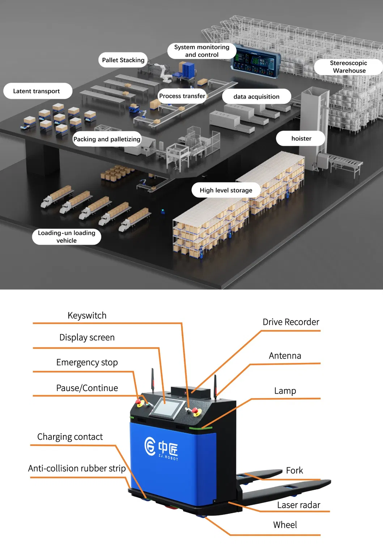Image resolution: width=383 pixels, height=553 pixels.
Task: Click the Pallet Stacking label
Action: [x=123, y=60]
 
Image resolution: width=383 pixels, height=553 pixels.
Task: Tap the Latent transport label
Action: [x=37, y=91]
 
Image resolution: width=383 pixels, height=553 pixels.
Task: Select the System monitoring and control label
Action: [x=201, y=51]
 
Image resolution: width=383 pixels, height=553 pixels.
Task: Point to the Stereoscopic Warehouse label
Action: [x=349, y=67]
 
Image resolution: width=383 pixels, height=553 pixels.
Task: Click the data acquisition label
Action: [x=256, y=97]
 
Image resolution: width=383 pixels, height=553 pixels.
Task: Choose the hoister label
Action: [x=301, y=138]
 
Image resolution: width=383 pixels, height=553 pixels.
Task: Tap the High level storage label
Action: [x=226, y=190]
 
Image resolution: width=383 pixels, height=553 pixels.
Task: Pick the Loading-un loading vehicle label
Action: [x=67, y=237]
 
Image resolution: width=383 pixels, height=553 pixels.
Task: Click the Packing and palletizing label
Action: [x=107, y=139]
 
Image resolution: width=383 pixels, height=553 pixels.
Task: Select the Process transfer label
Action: [x=182, y=96]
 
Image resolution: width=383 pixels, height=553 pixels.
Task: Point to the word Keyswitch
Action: [x=87, y=316]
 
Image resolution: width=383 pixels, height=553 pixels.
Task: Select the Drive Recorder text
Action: [x=291, y=322]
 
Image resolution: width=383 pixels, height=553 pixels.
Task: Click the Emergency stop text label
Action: [x=87, y=362]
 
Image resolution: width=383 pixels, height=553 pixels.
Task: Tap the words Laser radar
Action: [x=298, y=505]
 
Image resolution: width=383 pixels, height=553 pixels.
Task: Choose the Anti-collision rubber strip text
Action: [x=77, y=468]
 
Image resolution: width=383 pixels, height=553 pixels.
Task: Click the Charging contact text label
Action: [x=70, y=437]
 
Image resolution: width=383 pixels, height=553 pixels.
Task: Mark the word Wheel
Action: [x=285, y=525]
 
